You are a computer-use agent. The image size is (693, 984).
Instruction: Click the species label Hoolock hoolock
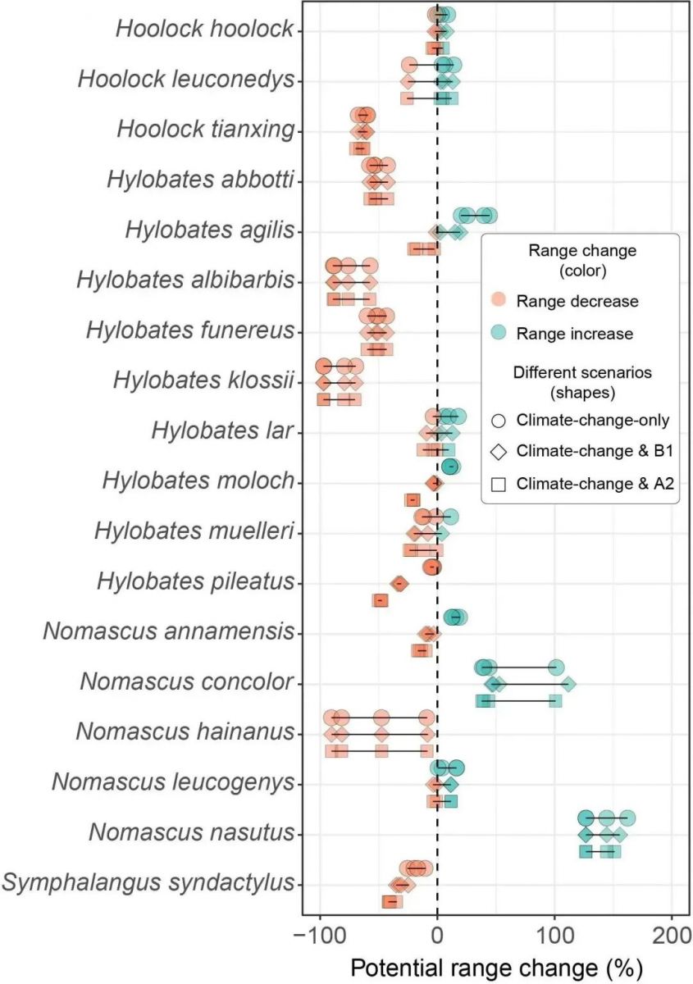(203, 30)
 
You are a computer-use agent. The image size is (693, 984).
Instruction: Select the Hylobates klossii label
(203, 381)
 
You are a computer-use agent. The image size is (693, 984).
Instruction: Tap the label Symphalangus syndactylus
(148, 883)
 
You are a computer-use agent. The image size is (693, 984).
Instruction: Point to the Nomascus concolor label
(186, 682)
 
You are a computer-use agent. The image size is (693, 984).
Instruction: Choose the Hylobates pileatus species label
(194, 582)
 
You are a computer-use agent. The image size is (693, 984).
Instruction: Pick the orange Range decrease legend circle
(498, 301)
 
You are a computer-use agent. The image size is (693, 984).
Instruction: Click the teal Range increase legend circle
(498, 333)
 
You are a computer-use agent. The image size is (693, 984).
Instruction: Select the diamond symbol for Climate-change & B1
(498, 452)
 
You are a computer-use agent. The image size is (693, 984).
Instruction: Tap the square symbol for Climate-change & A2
(498, 484)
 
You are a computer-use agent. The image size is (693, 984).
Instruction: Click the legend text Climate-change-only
(593, 420)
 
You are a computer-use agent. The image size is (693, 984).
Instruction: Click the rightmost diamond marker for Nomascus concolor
(567, 683)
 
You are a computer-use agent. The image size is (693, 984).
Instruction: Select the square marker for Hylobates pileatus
(380, 600)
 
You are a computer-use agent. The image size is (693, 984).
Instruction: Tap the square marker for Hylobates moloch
(413, 500)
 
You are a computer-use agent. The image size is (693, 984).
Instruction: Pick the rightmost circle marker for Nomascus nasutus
(627, 818)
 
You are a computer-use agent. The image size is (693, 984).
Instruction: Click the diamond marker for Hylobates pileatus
(399, 583)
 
